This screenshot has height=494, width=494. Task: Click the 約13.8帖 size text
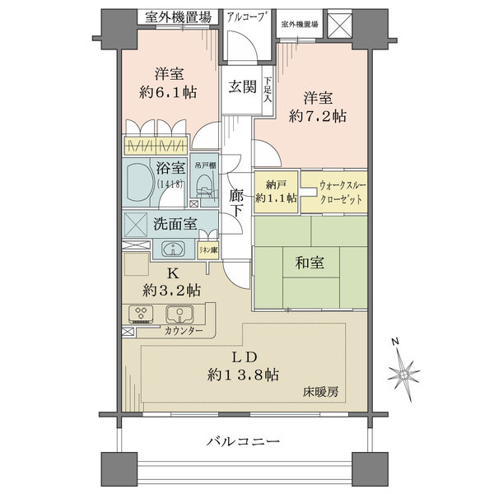coord(245,375)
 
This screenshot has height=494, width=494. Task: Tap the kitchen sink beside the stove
coord(179,314)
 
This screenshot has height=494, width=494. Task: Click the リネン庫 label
coord(207,249)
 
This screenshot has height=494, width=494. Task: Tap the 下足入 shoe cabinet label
coord(268,90)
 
